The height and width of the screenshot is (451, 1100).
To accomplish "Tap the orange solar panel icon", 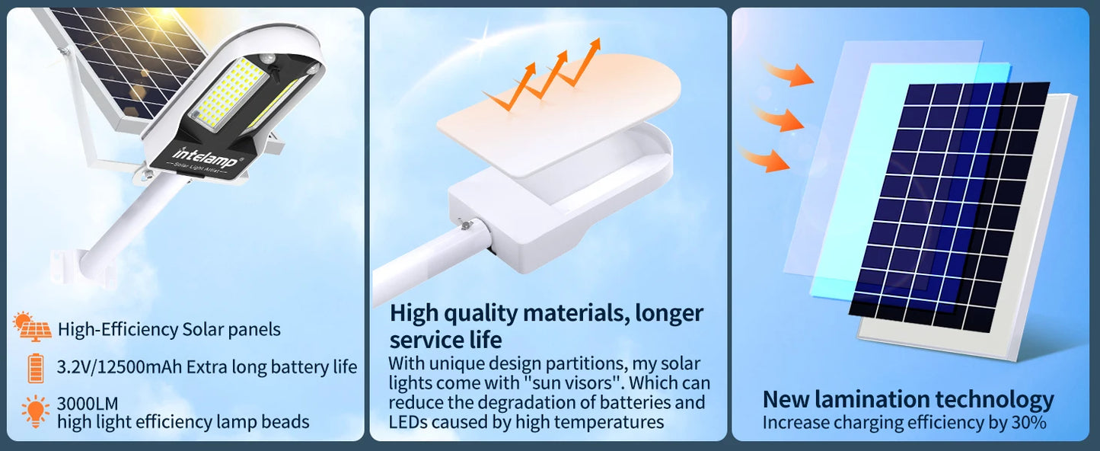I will pyautogui.click(x=33, y=328).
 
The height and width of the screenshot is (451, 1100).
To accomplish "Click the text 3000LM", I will pyautogui.click(x=88, y=403).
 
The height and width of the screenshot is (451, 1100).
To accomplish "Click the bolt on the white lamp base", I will pyautogui.click(x=463, y=226).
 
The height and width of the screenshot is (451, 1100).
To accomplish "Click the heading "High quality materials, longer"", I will pyautogui.click(x=546, y=313).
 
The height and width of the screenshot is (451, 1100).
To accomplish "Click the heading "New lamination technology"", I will pyautogui.click(x=908, y=399).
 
